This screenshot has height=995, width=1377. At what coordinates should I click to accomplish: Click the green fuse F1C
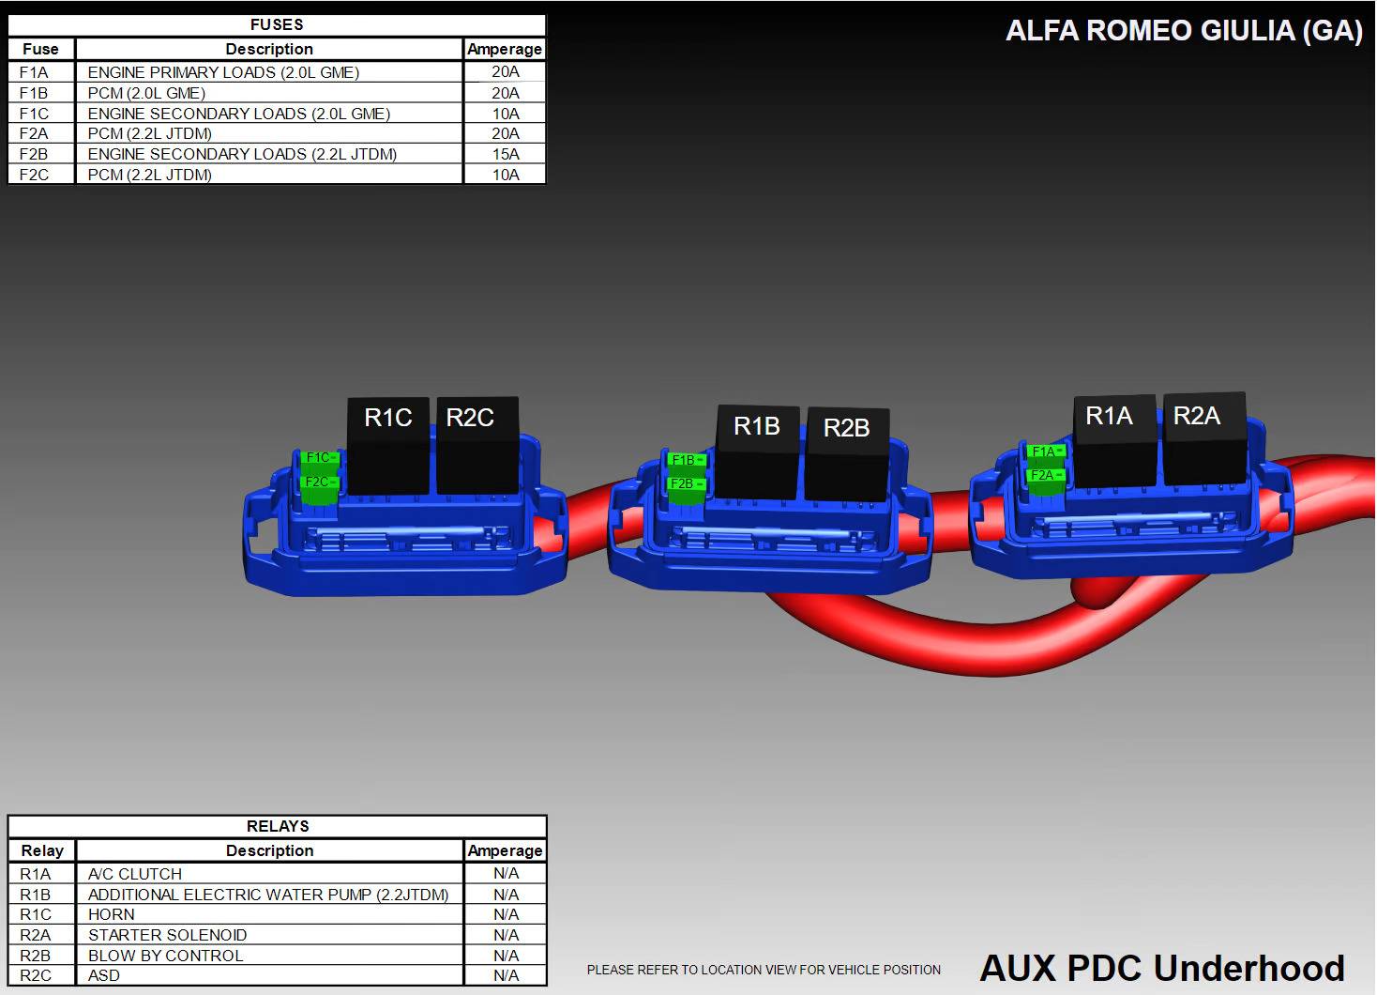[320, 458]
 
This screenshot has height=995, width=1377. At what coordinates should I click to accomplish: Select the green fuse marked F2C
[320, 482]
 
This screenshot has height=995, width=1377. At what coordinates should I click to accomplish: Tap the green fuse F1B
[687, 460]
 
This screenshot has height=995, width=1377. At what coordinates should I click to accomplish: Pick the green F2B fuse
[687, 484]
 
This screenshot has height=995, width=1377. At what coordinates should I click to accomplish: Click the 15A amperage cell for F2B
[506, 154]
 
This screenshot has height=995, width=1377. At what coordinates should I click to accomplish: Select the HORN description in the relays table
[112, 914]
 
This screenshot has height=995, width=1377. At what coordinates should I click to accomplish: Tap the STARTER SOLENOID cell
[168, 935]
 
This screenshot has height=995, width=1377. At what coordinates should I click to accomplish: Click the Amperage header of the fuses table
[505, 49]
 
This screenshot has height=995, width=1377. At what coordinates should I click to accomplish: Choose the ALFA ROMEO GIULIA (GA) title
[1184, 31]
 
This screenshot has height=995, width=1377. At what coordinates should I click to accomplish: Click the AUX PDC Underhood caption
[1162, 968]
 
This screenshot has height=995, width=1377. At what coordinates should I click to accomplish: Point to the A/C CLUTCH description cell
[135, 874]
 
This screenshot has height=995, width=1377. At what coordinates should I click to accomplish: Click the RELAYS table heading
[278, 826]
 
